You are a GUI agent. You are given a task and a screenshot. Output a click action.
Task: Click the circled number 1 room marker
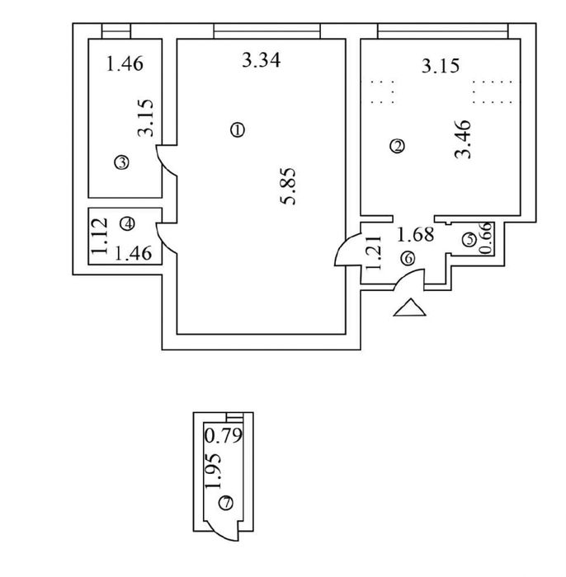(x=238, y=130)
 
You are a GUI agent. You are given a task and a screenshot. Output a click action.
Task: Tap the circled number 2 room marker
(x=398, y=146)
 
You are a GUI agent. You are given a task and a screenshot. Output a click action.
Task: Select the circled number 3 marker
(x=122, y=162)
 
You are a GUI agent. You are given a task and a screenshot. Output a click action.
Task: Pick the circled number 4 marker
(x=128, y=223)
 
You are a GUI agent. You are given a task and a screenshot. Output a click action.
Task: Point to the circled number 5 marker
(x=469, y=240)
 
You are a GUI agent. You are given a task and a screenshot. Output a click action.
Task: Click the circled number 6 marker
(x=408, y=258)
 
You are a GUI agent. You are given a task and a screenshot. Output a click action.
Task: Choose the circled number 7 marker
(x=226, y=503)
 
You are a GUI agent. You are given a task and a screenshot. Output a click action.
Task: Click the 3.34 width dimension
(x=261, y=60)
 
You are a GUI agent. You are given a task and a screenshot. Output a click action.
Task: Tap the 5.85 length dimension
(x=288, y=186)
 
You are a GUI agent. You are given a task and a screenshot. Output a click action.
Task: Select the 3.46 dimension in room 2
(x=463, y=139)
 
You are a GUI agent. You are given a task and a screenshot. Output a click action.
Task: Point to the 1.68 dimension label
(x=415, y=234)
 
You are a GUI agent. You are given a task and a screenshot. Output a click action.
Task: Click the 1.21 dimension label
(x=375, y=253)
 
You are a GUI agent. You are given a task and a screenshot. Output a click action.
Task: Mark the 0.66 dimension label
(x=486, y=238)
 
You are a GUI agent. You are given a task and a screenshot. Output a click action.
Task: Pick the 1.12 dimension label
(x=100, y=236)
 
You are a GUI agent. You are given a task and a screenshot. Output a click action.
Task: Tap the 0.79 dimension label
(x=224, y=435)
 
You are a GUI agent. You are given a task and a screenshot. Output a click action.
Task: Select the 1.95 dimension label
(x=214, y=471)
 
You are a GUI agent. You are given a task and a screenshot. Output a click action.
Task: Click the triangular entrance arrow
(x=409, y=307)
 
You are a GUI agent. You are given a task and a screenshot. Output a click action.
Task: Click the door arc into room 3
(x=165, y=162)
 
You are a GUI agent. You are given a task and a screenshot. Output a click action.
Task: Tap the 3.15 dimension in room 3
(x=145, y=118)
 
